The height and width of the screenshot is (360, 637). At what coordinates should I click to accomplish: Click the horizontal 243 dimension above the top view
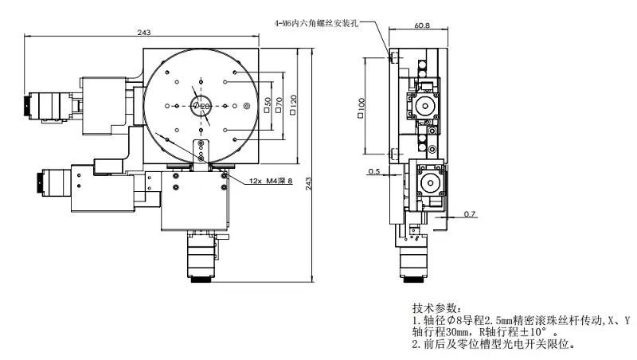[144, 32]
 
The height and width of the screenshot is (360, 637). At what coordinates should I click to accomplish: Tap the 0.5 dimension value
[374, 170]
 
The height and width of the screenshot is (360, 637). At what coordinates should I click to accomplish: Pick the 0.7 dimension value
[470, 214]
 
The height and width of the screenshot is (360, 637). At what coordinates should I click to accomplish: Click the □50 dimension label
[268, 104]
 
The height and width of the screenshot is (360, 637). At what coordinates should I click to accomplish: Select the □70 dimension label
[279, 104]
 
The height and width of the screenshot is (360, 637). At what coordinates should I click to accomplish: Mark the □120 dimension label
[294, 104]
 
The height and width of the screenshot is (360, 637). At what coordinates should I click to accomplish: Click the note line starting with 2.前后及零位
[493, 344]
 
